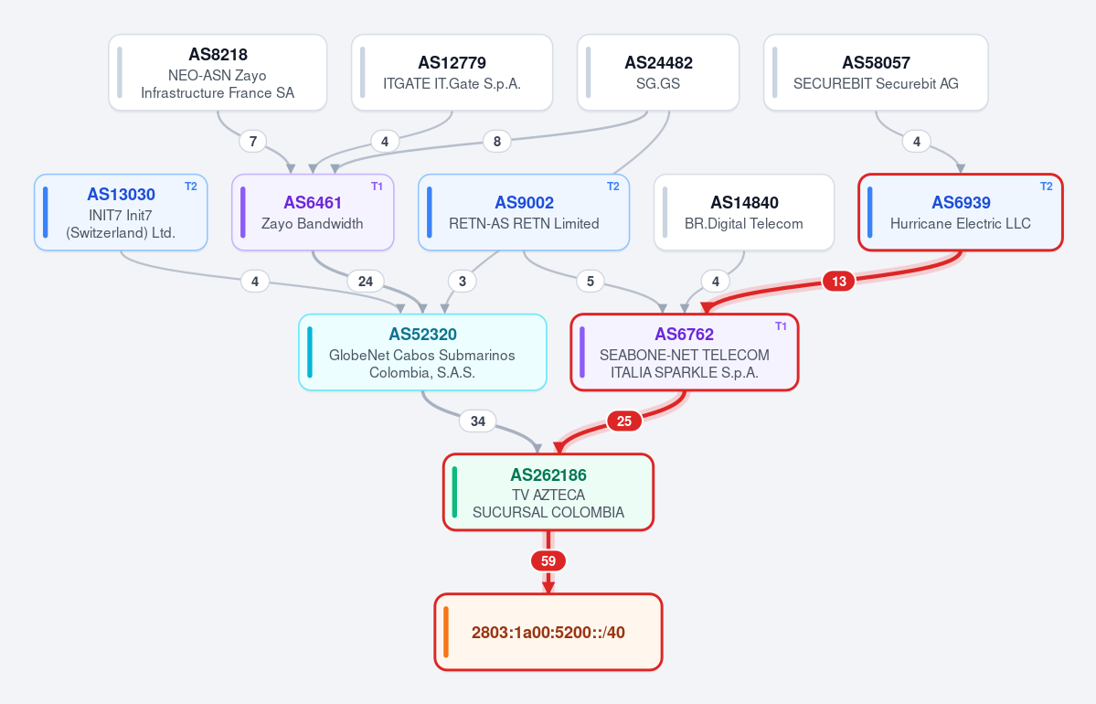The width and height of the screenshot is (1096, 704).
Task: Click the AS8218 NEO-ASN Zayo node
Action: pos(218,73)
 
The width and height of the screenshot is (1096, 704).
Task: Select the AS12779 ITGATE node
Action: pos(452,73)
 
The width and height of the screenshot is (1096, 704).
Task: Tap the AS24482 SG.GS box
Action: pos(658,73)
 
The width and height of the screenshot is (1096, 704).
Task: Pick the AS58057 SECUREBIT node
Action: pos(876,73)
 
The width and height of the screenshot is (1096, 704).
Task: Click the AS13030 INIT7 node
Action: pos(121,212)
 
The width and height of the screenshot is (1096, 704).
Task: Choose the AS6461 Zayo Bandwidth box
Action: pos(313,212)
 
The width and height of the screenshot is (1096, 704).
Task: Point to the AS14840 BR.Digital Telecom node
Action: pos(744,212)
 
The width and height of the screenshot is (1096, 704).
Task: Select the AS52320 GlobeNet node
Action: pos(422,352)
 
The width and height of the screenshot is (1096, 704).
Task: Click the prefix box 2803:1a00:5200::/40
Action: pos(548,632)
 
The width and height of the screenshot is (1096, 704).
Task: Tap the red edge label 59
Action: pos(548,560)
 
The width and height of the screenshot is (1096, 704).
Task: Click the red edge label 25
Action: pos(624,421)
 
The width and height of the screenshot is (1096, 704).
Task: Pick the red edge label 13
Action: pos(839,281)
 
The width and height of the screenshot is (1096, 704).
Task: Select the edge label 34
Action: pos(477,421)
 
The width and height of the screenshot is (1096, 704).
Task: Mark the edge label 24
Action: pos(366,281)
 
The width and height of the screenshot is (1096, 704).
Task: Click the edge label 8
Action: pos(497,141)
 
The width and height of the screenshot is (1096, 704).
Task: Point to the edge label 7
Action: pos(253,141)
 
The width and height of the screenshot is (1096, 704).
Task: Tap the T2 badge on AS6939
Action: pos(1047,187)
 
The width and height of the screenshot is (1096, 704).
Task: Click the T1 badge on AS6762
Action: pos(781,326)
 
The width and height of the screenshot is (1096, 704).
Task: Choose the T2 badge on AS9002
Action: pos(613,187)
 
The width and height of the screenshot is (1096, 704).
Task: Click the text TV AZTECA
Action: pos(548,495)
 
